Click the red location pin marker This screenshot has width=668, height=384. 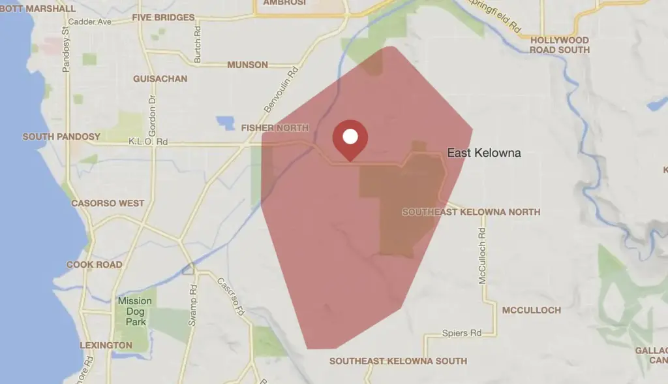click(x=350, y=138)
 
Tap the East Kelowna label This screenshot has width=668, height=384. click(x=483, y=153)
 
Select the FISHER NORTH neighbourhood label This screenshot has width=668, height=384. click(x=275, y=127)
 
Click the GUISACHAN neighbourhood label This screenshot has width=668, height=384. click(x=160, y=79)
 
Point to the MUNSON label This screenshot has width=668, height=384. click(x=247, y=65)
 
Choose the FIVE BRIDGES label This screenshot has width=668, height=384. click(x=163, y=18)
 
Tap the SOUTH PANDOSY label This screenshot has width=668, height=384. click(x=61, y=136)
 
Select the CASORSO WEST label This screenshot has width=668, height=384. click(x=108, y=203)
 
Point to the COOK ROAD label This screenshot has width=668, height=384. click(x=94, y=264)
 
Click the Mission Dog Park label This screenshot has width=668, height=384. click(x=135, y=312)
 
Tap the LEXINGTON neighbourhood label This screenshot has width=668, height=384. click(x=106, y=345)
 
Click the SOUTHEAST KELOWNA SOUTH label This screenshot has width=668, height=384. click(x=398, y=361)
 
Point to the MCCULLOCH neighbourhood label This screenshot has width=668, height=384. click(x=531, y=310)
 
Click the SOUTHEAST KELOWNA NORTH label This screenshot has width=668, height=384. click(x=471, y=212)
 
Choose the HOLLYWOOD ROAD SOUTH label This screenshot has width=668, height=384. click(x=559, y=45)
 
